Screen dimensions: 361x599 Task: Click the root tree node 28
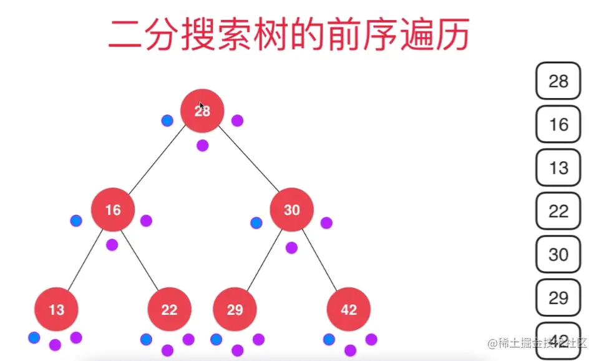click(202, 111)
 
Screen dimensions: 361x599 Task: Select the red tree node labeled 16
click(113, 210)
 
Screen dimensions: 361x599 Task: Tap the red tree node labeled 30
click(291, 210)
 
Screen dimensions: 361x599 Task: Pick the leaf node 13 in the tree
click(56, 309)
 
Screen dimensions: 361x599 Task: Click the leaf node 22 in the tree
click(169, 309)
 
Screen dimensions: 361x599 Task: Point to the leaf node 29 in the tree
click(235, 309)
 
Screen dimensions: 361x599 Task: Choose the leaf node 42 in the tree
click(348, 309)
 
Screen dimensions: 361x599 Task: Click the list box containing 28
click(558, 81)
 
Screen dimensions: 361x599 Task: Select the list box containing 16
click(558, 124)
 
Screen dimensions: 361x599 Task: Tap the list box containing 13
click(558, 167)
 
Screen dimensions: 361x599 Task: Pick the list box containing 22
click(558, 211)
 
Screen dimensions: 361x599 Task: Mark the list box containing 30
click(558, 254)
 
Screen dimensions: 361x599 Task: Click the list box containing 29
click(558, 298)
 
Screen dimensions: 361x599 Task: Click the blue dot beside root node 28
click(167, 121)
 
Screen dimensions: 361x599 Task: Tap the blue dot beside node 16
click(76, 220)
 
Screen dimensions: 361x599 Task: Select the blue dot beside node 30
click(256, 222)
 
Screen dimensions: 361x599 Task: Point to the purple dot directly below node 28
click(202, 146)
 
